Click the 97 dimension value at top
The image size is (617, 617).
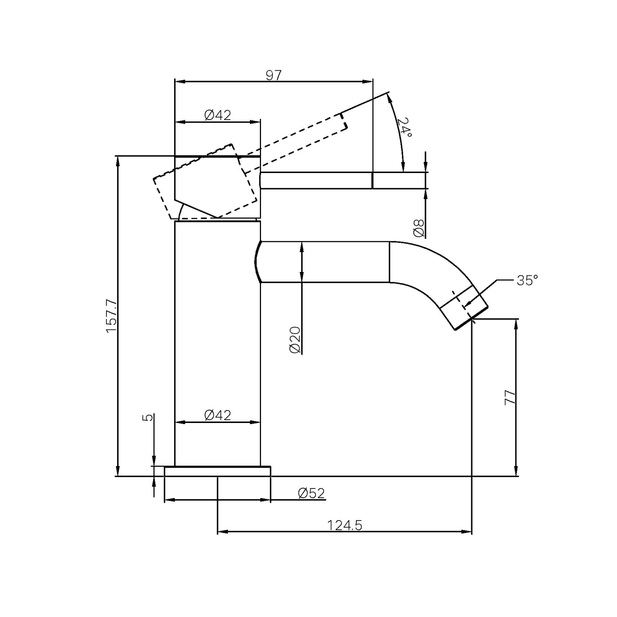[273, 75]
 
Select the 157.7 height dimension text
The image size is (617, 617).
[111, 316]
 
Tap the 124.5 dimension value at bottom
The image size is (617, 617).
[345, 525]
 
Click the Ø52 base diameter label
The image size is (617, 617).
[311, 493]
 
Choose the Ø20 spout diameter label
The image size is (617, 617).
[295, 339]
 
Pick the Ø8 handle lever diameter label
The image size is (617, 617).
[419, 228]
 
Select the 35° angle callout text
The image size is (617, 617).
[527, 281]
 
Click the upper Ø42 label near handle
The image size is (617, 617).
[218, 115]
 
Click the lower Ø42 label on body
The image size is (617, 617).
[218, 415]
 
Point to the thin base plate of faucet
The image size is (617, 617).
[217, 471]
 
